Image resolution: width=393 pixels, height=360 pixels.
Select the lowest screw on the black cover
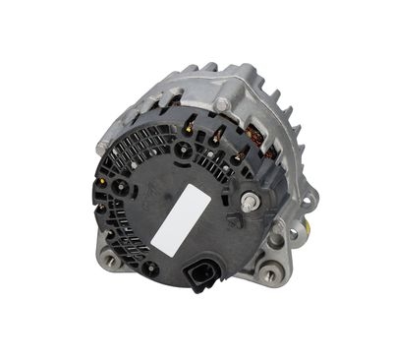(x=150, y=265)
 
